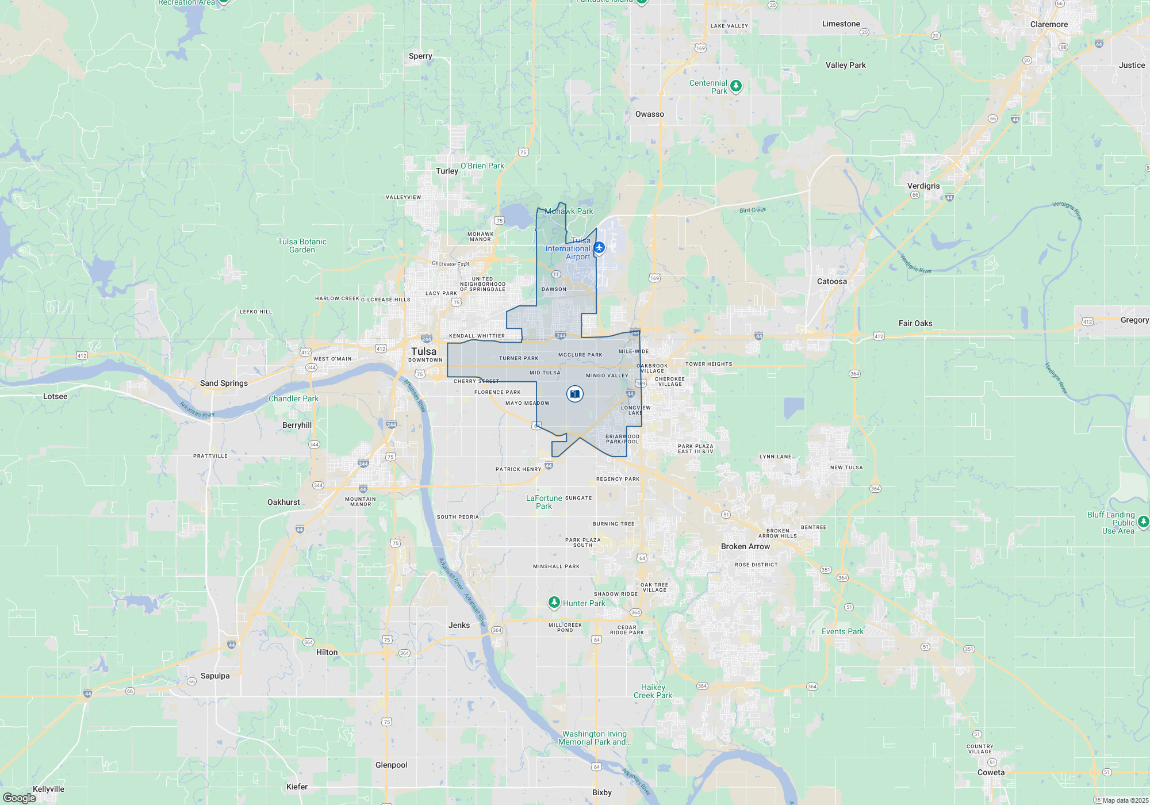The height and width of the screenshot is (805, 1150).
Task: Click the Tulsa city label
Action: [424, 351]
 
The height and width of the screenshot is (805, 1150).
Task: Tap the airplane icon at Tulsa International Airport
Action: [599, 247]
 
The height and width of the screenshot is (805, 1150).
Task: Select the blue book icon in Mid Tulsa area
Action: [574, 394]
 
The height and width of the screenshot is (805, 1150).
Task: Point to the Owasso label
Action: [649, 114]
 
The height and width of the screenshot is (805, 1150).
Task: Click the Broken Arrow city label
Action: [745, 546]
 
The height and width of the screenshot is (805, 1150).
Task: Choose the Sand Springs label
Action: [224, 383]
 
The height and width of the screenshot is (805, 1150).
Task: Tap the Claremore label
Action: [1049, 24]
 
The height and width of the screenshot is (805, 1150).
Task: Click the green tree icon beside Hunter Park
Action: [554, 602]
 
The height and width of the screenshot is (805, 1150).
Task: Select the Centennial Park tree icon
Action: [735, 86]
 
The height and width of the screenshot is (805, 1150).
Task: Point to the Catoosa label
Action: [831, 281]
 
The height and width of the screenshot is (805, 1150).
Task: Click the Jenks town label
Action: [459, 625]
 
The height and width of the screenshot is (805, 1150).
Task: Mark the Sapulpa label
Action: [215, 676]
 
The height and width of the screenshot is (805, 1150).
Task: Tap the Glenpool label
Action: [391, 765]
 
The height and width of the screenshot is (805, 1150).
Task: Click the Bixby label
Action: [601, 792]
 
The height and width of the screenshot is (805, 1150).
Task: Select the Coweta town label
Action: [991, 772]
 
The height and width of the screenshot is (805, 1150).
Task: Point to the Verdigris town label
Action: [923, 186]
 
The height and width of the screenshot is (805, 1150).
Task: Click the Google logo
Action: [20, 798]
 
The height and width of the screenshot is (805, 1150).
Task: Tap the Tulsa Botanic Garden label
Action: [302, 246]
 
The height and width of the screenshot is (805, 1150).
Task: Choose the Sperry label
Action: [420, 56]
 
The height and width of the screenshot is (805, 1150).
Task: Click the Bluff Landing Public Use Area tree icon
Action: [1143, 522]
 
